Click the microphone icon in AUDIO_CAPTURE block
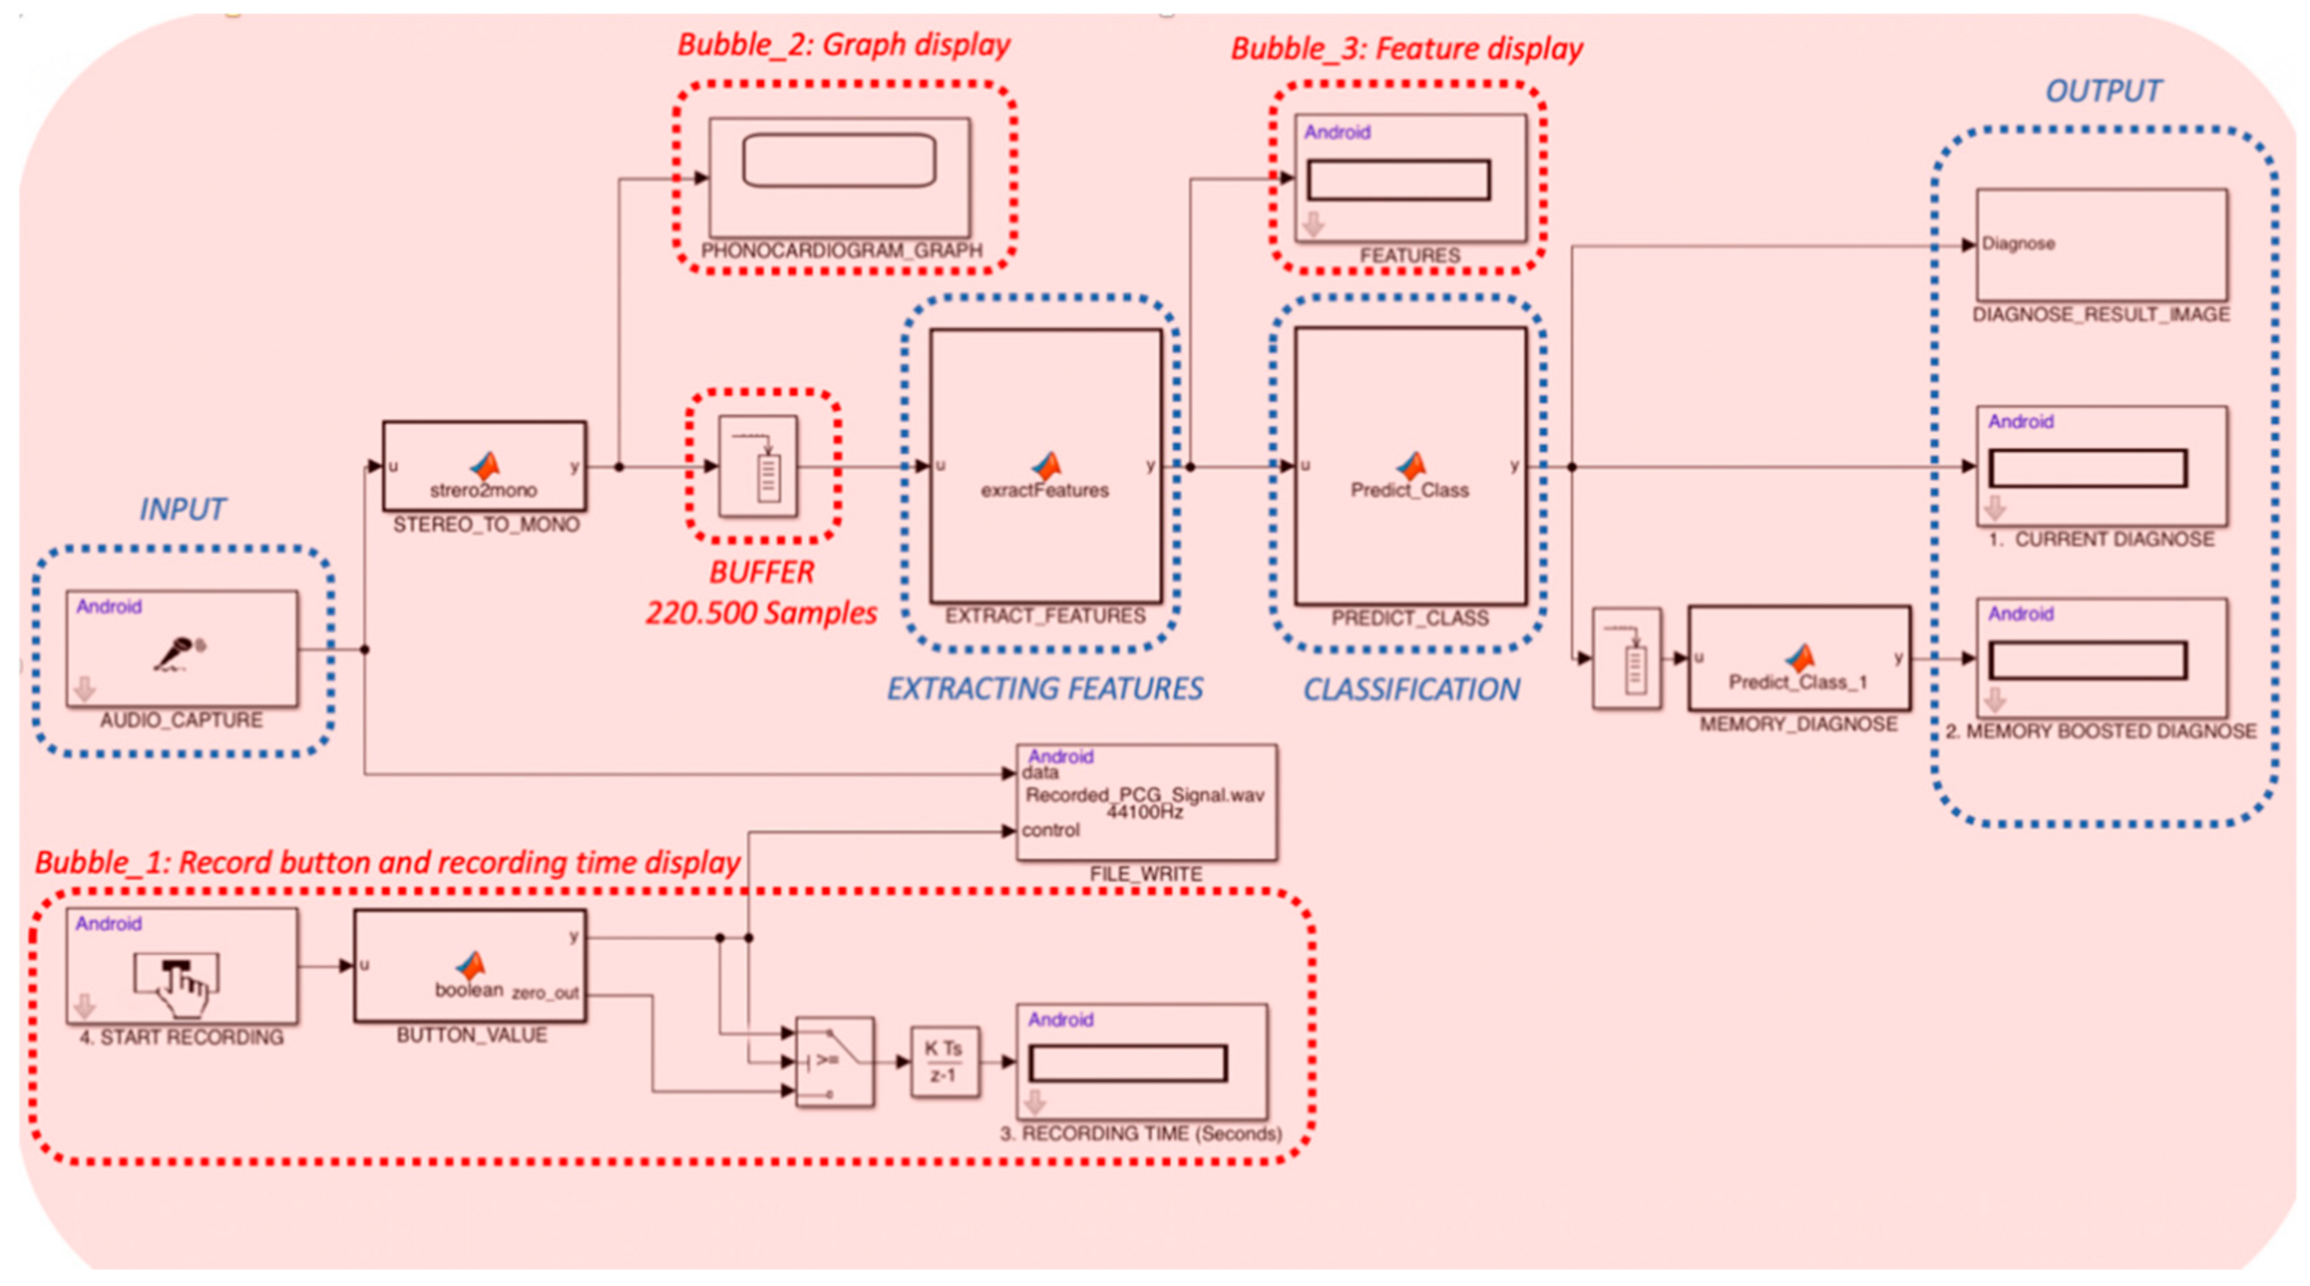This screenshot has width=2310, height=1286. click(180, 653)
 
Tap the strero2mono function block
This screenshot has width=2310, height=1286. click(485, 466)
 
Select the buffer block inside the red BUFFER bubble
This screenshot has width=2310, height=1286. click(759, 465)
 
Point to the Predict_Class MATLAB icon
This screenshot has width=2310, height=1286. click(1410, 465)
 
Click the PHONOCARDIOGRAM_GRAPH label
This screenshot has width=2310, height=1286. click(841, 250)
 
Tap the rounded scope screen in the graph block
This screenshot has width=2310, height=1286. click(838, 160)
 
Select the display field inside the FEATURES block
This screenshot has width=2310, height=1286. click(1398, 180)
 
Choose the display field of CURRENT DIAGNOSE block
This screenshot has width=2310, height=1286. click(2088, 468)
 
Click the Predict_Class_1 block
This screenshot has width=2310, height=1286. click(1798, 659)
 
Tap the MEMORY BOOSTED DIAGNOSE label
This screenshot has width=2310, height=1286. click(2101, 732)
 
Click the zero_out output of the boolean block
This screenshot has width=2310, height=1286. click(545, 993)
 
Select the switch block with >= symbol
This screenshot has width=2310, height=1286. click(835, 1062)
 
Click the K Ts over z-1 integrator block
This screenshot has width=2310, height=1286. click(944, 1062)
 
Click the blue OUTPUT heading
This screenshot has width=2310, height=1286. click(2102, 92)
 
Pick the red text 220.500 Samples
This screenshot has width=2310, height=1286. click(761, 613)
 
